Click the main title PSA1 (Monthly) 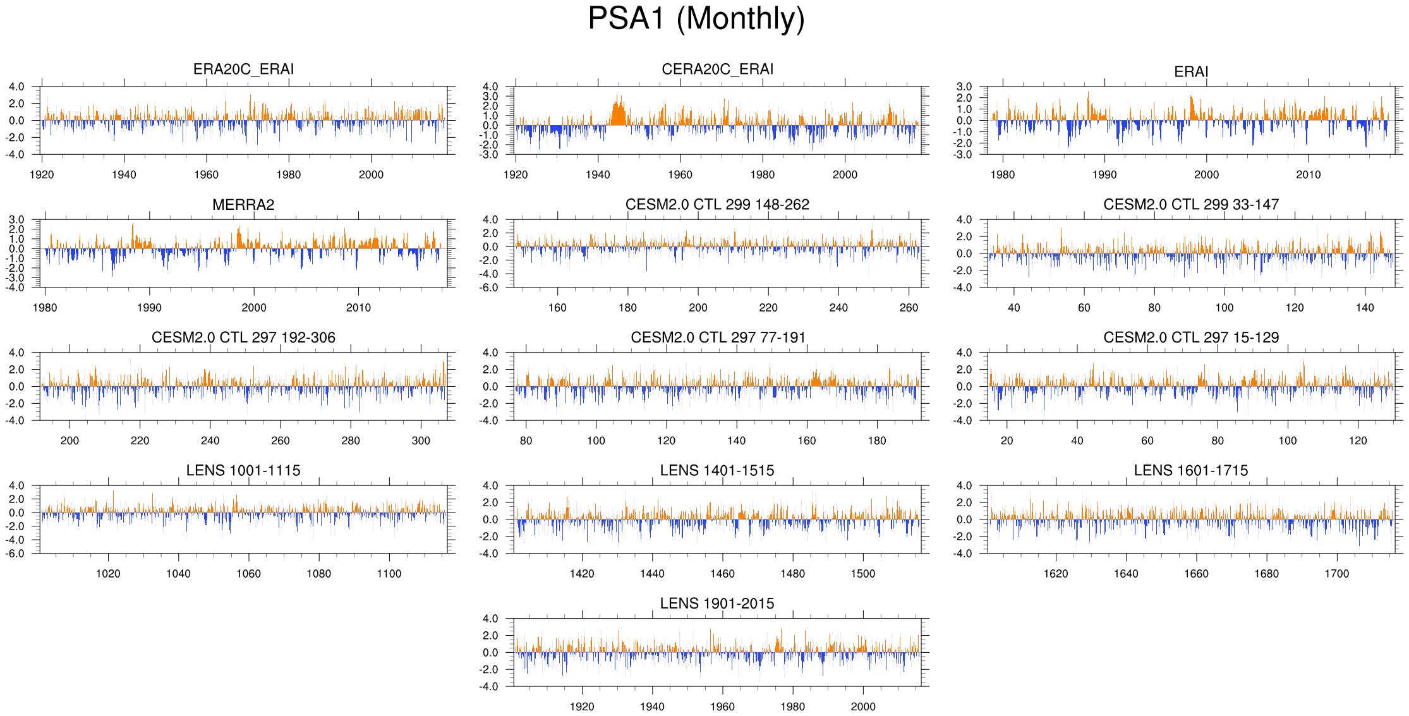[696, 18]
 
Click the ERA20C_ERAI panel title [243, 69]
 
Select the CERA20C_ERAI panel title [717, 69]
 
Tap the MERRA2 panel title [243, 205]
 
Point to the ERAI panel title [1191, 72]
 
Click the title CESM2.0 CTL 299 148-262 [717, 205]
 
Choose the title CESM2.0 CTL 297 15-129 [1191, 337]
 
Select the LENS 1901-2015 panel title [717, 604]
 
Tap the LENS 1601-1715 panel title [1191, 471]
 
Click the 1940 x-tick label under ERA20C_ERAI [124, 175]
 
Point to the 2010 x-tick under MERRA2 [358, 308]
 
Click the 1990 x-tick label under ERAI [1104, 175]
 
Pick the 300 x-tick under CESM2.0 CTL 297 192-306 [421, 441]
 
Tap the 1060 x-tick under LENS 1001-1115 [248, 574]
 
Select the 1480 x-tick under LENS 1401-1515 [792, 574]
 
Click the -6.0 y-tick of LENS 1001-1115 [16, 554]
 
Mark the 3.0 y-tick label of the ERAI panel [964, 87]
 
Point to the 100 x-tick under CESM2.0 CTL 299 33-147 [1225, 308]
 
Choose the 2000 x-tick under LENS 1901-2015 [863, 707]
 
